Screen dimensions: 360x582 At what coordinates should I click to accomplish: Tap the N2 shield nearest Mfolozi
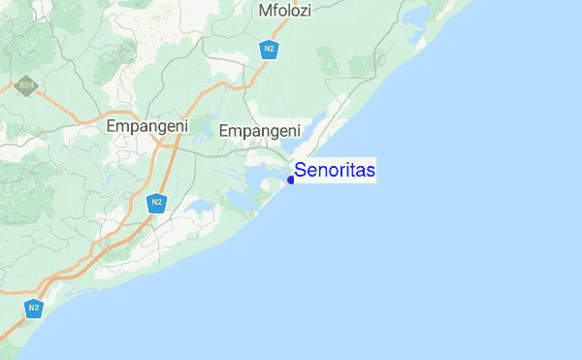pos(269,48)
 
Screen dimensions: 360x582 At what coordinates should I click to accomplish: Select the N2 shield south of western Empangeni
pos(155,203)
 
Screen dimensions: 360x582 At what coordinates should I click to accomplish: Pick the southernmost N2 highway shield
pos(34,309)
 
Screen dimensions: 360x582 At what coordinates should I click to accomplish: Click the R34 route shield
pos(24,85)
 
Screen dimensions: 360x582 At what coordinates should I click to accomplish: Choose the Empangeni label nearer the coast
pos(260,131)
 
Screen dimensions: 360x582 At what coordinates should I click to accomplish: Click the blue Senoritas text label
pos(335,171)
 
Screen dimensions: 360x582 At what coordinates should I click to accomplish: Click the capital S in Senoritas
pos(301,171)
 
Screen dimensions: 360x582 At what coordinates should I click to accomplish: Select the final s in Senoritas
pos(372,171)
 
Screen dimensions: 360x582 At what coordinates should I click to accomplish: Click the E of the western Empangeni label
pos(111,126)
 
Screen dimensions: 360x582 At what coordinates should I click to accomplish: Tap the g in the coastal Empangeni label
pos(272,133)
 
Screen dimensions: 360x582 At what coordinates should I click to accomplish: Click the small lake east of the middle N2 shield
pos(198,208)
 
